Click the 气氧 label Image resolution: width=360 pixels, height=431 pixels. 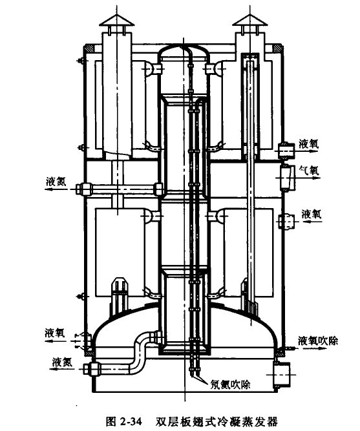[x=309, y=170]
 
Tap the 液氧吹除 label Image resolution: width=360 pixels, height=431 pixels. [x=317, y=341]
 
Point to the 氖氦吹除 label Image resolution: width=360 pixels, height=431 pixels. [x=231, y=384]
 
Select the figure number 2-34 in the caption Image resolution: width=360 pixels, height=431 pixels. [x=131, y=421]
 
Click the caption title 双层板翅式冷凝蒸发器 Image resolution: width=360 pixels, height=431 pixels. [x=217, y=421]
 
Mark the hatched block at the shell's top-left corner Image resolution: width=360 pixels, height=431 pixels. [x=89, y=48]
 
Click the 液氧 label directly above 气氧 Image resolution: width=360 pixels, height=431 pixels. [x=308, y=144]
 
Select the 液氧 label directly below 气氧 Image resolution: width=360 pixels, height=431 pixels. [x=311, y=214]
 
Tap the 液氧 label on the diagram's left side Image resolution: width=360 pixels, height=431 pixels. [x=55, y=333]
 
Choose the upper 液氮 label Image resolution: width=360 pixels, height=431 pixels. [x=56, y=182]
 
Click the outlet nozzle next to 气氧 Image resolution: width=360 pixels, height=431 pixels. [x=286, y=177]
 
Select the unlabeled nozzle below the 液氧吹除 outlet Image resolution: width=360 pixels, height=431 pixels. [x=281, y=374]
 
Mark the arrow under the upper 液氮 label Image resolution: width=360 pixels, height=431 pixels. [x=59, y=189]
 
